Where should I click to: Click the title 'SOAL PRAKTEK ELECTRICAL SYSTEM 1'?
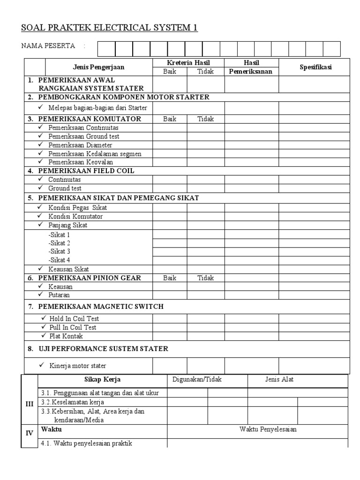click(109, 28)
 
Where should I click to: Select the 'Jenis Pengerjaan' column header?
click(98, 67)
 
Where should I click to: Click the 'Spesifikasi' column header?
click(315, 67)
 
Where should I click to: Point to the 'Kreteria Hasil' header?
click(188, 63)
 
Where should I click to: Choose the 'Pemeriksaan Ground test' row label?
click(83, 136)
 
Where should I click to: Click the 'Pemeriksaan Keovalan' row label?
click(81, 162)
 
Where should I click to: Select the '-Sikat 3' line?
click(59, 251)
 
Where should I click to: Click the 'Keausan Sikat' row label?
click(68, 269)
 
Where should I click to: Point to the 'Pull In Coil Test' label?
click(73, 327)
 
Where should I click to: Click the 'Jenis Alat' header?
click(279, 379)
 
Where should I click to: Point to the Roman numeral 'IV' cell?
click(29, 433)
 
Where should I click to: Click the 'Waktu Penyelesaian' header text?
click(268, 429)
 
